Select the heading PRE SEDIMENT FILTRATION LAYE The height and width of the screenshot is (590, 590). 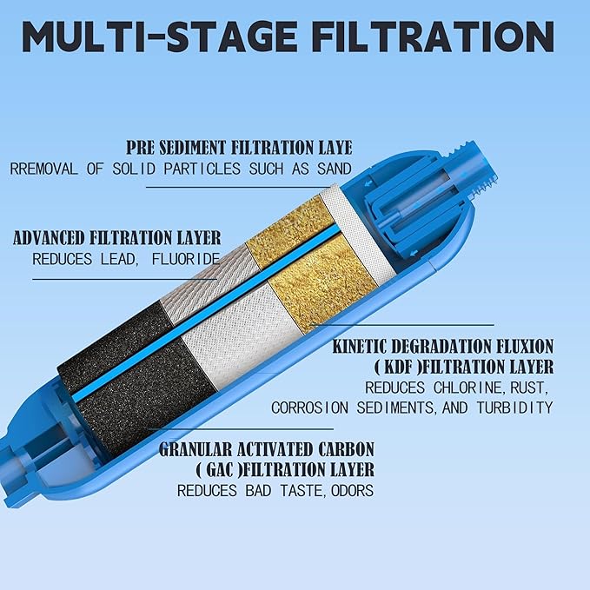point(239,148)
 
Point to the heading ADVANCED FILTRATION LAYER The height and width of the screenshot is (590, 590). point(116,238)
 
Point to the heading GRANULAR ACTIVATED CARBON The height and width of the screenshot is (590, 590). point(267,449)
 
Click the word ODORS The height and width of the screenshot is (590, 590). point(348,491)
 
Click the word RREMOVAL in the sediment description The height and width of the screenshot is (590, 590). point(44,169)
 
